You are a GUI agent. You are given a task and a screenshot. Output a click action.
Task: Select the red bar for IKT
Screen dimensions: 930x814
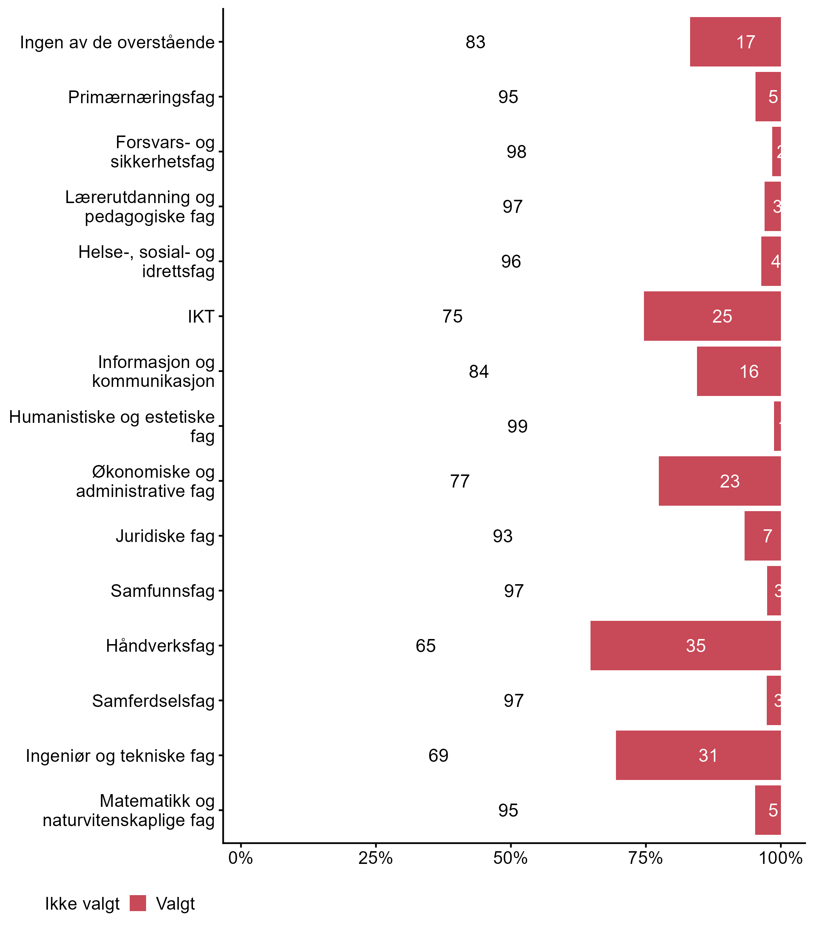tap(712, 316)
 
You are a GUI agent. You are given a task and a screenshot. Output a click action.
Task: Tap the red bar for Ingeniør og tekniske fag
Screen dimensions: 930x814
tap(698, 755)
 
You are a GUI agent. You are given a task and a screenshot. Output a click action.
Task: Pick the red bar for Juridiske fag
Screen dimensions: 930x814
tap(762, 536)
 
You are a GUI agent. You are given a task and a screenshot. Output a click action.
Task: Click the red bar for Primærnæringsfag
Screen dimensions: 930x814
tap(767, 97)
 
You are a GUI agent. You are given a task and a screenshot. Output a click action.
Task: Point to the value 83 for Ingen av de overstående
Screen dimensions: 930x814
tap(475, 42)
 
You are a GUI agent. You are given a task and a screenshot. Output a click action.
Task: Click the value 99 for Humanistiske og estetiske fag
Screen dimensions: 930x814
tap(517, 426)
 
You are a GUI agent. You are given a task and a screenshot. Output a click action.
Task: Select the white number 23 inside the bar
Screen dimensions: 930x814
tap(730, 481)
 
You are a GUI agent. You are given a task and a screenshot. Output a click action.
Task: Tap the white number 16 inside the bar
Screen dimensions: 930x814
tap(749, 371)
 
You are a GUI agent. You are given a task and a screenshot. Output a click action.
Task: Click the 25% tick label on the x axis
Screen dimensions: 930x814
tap(375, 858)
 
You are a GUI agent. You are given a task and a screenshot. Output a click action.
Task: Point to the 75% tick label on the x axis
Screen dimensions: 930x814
tap(645, 858)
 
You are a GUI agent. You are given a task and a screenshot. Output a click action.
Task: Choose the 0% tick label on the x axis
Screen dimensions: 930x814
tap(240, 858)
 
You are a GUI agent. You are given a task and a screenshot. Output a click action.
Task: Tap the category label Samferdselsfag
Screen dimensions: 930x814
tap(153, 701)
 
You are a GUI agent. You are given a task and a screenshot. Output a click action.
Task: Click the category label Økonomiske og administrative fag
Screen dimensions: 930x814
tap(145, 481)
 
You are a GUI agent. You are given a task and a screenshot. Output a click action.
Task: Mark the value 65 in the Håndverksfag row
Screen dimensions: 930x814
tap(426, 646)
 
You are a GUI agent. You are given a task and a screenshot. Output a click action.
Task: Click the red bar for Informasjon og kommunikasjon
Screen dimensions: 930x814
tap(738, 371)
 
